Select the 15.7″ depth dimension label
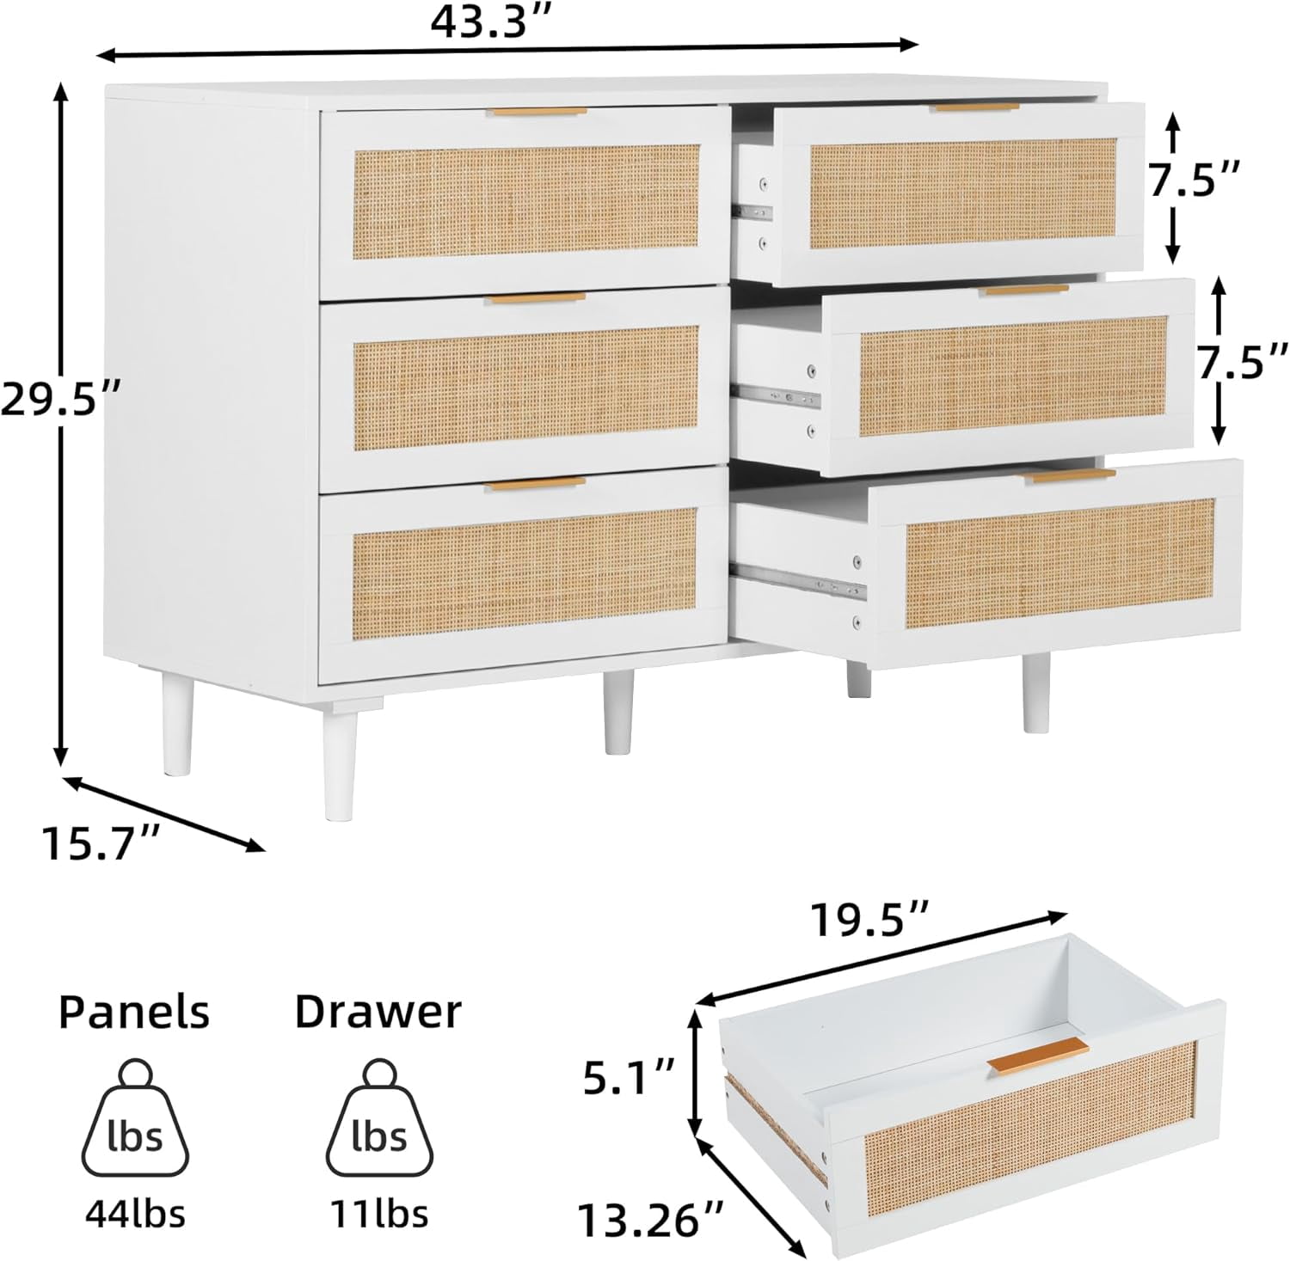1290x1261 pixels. click(101, 843)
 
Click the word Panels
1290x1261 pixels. click(134, 1012)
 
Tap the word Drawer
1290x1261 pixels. click(378, 1012)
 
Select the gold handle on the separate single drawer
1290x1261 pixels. click(1038, 1056)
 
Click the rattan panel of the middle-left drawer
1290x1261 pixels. click(525, 388)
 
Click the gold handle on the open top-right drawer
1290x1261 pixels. click(977, 107)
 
